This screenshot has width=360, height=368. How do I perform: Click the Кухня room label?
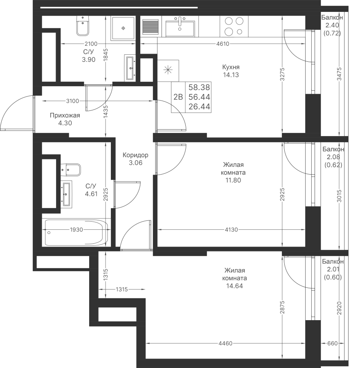click(x=231, y=67)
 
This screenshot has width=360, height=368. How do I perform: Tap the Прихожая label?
click(x=65, y=115)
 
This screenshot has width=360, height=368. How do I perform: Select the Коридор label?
click(x=135, y=155)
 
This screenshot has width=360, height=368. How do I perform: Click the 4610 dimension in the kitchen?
click(x=223, y=44)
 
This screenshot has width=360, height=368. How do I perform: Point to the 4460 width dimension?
click(x=225, y=343)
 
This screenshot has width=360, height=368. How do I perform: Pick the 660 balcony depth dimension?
click(x=332, y=343)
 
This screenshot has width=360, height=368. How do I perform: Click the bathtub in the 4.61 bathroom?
click(x=75, y=233)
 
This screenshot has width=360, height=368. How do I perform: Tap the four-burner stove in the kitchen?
click(x=234, y=27)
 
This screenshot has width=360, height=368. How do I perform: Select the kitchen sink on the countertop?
click(x=180, y=27)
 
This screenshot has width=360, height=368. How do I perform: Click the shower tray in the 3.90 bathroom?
click(x=123, y=28)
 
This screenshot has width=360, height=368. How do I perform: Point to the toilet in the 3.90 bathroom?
click(x=82, y=26)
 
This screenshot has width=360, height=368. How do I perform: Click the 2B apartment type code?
click(x=178, y=97)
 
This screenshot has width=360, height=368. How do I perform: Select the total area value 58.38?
click(x=199, y=88)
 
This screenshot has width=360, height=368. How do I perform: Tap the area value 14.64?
click(x=234, y=286)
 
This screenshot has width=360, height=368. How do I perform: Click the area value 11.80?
click(x=233, y=180)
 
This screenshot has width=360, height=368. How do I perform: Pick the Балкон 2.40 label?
click(x=332, y=21)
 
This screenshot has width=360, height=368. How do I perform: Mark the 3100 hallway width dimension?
click(x=72, y=101)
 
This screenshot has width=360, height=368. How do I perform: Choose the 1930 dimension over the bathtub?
click(x=76, y=230)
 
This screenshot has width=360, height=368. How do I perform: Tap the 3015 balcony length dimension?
click(x=339, y=196)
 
